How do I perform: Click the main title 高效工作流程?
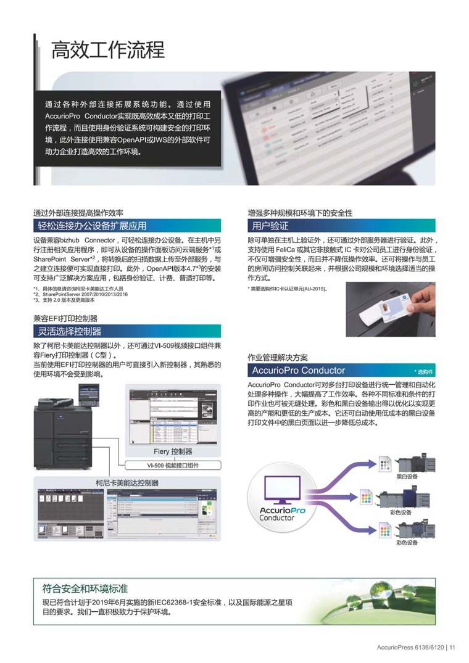pyautogui.click(x=108, y=49)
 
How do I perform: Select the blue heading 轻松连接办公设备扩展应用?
pyautogui.click(x=92, y=225)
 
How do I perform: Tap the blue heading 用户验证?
pyautogui.click(x=270, y=225)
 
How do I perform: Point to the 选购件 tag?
pyautogui.click(x=425, y=372)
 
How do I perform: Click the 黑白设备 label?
pyautogui.click(x=407, y=477)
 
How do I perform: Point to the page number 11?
pyautogui.click(x=452, y=647)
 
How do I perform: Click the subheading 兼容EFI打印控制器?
pyautogui.click(x=65, y=318)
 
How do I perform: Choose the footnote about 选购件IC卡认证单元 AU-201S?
pyautogui.click(x=288, y=289)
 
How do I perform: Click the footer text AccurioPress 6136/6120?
pyautogui.click(x=410, y=647)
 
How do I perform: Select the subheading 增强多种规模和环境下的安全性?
pyautogui.click(x=300, y=212)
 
